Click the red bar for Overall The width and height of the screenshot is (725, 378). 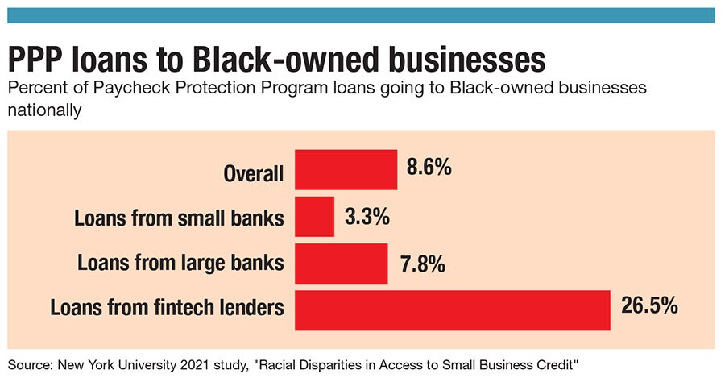coord(346,169)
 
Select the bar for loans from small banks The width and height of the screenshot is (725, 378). coord(315,217)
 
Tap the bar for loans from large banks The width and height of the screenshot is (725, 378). coord(342,264)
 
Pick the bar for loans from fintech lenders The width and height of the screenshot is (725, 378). coord(453,311)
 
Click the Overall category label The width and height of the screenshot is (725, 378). coord(254,173)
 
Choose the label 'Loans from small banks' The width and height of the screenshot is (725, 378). coord(179,218)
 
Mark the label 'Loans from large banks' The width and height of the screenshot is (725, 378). coord(180,263)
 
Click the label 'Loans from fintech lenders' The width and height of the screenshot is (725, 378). coord(167,308)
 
